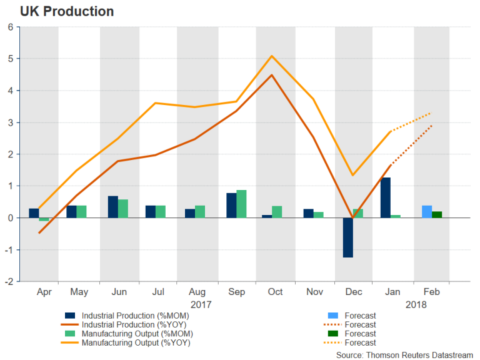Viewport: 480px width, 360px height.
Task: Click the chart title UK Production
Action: pyautogui.click(x=59, y=11)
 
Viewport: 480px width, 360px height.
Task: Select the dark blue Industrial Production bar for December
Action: pyautogui.click(x=347, y=237)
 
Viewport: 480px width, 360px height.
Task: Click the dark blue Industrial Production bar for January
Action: pyautogui.click(x=386, y=197)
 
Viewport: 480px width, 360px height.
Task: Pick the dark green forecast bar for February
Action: pyautogui.click(x=436, y=214)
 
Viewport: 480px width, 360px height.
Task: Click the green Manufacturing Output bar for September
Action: pyautogui.click(x=241, y=204)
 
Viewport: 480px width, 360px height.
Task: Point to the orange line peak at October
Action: pyautogui.click(x=272, y=56)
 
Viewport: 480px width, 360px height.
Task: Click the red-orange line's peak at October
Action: pyautogui.click(x=272, y=76)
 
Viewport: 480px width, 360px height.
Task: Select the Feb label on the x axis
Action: pyautogui.click(x=431, y=292)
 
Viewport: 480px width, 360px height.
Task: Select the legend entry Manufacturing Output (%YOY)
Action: pyautogui.click(x=136, y=342)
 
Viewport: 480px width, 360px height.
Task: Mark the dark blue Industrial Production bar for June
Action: pyautogui.click(x=112, y=207)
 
